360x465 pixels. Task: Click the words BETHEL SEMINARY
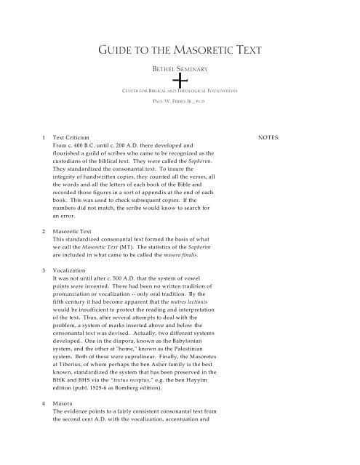[180, 69]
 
